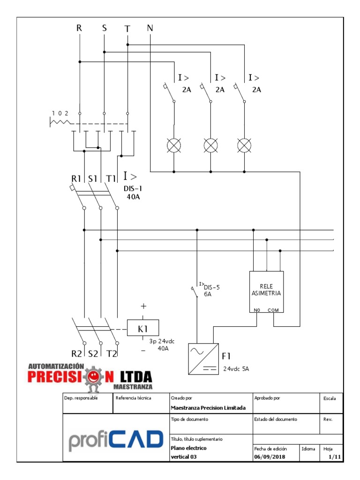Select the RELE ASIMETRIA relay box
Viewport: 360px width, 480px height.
(266, 292)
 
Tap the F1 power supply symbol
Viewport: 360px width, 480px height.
(203, 359)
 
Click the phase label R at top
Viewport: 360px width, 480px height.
(79, 28)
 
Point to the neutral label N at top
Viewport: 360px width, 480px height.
(150, 28)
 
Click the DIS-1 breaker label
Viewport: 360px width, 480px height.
(132, 189)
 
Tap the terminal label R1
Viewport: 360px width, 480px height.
(76, 178)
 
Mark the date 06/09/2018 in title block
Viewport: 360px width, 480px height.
(269, 457)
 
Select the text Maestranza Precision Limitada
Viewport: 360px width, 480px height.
(208, 408)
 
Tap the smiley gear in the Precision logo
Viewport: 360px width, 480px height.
(95, 377)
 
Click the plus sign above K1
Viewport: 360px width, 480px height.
(143, 306)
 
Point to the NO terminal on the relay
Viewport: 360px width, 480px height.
(257, 310)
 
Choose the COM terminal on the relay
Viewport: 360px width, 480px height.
(273, 310)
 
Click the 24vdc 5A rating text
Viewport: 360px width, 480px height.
(236, 368)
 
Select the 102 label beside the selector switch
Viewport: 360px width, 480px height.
(60, 113)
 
